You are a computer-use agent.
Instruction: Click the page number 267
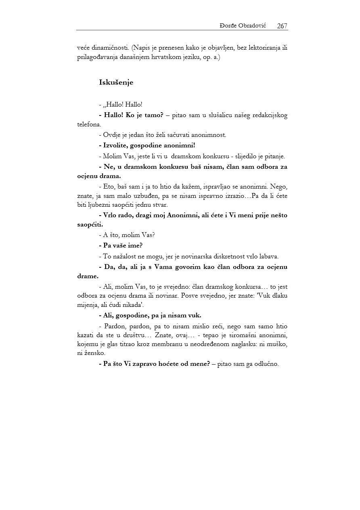282,26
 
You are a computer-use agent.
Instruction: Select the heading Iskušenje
116,82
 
